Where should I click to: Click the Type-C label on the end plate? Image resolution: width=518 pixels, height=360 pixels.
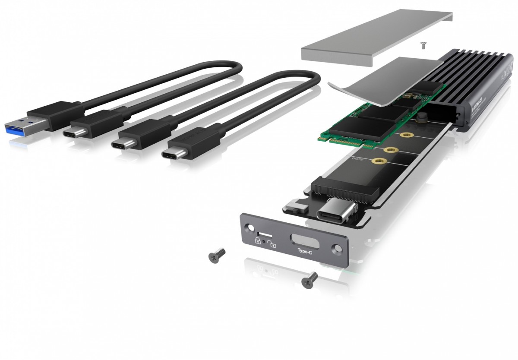(x=305, y=250)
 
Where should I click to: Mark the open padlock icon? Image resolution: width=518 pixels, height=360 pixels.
(x=272, y=245)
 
